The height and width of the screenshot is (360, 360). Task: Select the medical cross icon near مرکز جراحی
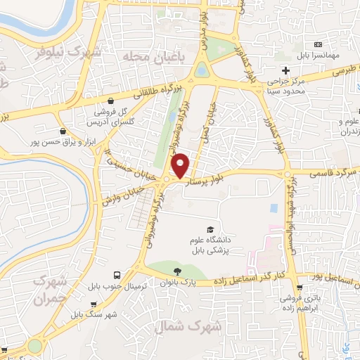pos(285,70)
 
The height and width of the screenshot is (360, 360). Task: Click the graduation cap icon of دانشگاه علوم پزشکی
pos(210,229)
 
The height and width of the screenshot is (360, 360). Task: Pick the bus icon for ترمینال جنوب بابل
pos(116,276)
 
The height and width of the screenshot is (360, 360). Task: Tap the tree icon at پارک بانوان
pos(176,271)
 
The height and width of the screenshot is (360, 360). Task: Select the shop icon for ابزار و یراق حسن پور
pos(64,131)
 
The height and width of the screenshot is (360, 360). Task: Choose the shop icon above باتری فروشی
pos(300,288)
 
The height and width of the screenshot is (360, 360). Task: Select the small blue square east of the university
pos(273,209)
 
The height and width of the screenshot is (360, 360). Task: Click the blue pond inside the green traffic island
pos(202,70)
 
